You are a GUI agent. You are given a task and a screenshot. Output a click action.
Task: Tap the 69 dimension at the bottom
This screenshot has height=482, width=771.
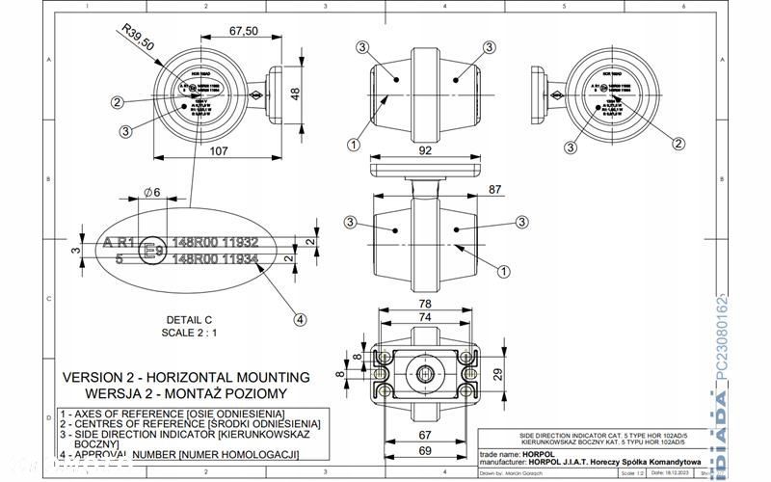click(x=425, y=450)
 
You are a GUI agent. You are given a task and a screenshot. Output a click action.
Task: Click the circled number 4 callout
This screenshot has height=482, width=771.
click(x=300, y=319)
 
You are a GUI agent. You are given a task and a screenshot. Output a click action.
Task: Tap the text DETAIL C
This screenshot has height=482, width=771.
click(x=188, y=319)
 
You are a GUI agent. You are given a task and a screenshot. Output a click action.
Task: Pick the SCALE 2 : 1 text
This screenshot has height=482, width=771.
click(x=188, y=332)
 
